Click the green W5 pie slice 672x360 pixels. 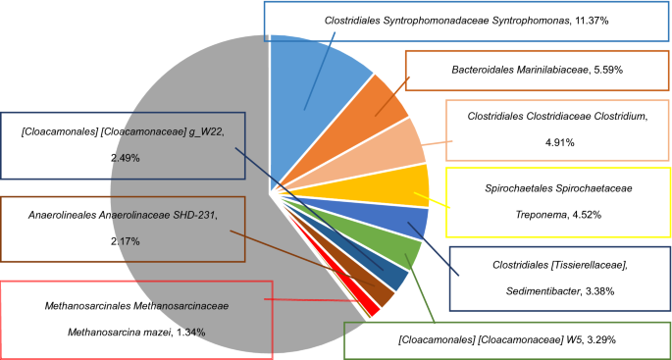(x=398, y=253)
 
